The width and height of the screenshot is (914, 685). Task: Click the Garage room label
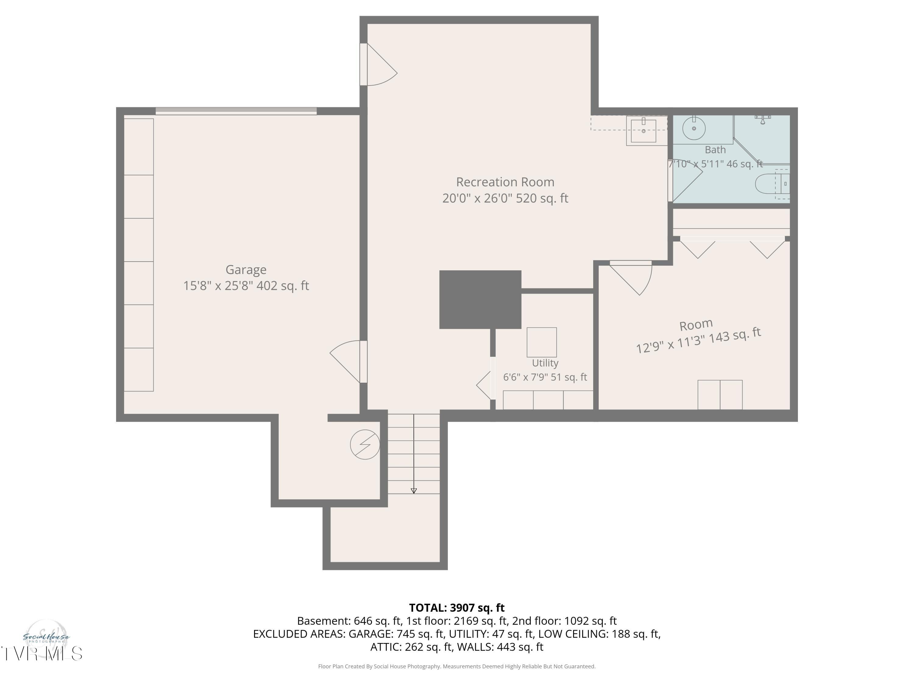click(246, 270)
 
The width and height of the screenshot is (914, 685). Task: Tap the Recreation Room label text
click(505, 182)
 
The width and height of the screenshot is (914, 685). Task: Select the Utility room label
click(545, 363)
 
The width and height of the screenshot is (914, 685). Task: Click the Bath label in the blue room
click(715, 150)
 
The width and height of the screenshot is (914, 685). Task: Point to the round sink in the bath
click(694, 128)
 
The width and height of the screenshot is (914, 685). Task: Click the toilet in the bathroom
click(772, 184)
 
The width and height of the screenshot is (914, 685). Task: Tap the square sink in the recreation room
click(643, 131)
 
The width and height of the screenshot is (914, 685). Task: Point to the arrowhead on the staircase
click(414, 491)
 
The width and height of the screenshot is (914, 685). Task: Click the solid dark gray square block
click(480, 299)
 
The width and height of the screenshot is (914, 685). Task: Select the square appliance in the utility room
click(541, 342)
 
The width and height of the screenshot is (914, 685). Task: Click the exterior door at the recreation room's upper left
click(379, 65)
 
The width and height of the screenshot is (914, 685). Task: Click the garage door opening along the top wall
click(236, 111)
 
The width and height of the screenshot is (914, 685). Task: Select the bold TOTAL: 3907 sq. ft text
click(457, 608)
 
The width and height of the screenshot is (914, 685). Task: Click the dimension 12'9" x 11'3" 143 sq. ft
click(698, 341)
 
